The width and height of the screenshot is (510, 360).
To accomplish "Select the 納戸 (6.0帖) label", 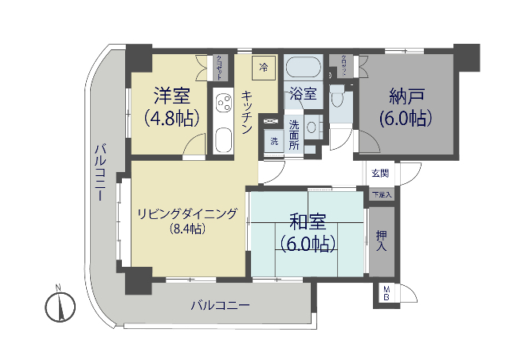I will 405,107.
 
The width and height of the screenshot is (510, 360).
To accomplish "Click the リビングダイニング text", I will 187,213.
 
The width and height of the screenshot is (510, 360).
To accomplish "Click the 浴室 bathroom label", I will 303,93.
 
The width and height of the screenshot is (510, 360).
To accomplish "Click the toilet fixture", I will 339,96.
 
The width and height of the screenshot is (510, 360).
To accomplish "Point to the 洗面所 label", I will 294,135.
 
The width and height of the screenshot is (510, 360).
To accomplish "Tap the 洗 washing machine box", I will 273,142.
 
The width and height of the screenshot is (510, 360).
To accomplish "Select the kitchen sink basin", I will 222,142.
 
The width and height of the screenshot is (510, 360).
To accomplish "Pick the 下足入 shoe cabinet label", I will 382,194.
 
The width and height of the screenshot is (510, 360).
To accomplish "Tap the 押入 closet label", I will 382,241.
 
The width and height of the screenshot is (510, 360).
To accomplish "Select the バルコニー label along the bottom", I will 220,305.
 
